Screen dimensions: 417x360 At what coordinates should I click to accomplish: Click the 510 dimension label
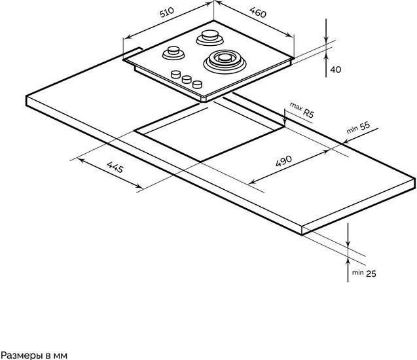coord(167,12)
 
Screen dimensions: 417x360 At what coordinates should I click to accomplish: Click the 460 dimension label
coord(258,12)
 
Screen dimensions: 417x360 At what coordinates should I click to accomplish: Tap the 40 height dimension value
coord(336,69)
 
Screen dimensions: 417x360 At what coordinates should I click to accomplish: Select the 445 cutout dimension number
coord(115,167)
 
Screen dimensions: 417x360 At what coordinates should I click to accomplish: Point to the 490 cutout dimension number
coord(283,161)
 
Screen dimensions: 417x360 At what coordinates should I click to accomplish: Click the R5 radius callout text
coord(308,113)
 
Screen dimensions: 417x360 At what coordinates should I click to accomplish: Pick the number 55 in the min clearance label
coord(365,126)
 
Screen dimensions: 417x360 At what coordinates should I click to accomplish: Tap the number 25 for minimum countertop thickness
coord(371,274)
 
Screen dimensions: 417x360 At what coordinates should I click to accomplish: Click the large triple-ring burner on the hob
coord(225,62)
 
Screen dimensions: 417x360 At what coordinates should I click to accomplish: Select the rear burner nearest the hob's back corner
coord(210,37)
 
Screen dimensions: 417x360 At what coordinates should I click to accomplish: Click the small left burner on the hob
coord(173,52)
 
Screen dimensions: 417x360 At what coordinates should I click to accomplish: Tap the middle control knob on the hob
coord(187,79)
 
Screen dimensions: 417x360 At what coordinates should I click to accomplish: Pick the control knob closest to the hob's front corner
coord(197,84)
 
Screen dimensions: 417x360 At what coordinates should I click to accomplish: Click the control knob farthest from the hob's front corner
coord(176,75)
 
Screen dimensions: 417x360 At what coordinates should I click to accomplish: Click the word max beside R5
coord(296,106)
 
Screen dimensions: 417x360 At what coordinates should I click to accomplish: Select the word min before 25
coord(357,272)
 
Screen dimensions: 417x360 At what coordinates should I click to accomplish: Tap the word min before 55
coord(352,130)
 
